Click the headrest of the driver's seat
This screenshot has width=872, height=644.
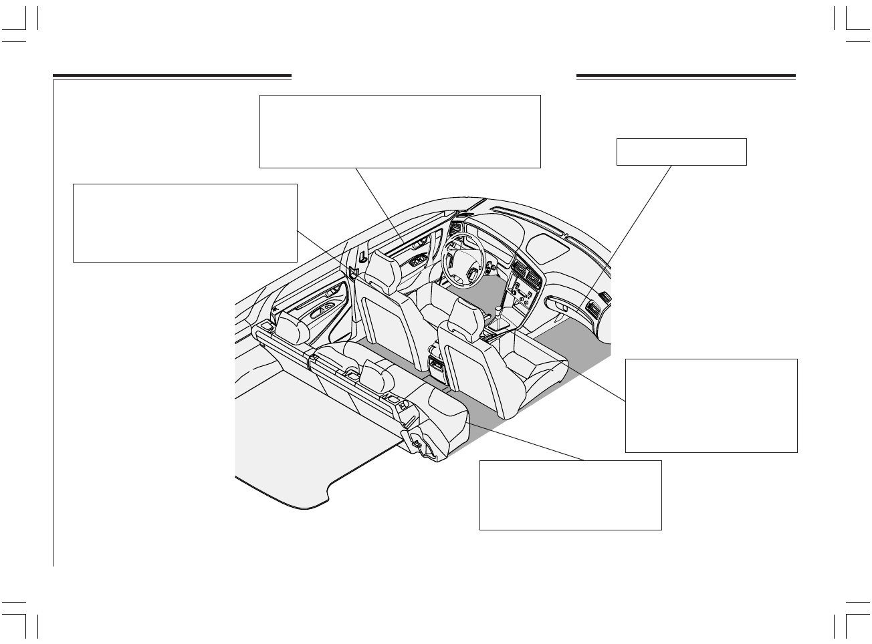(x=379, y=265)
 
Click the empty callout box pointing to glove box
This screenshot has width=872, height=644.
(x=681, y=152)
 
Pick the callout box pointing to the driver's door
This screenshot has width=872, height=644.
(x=399, y=131)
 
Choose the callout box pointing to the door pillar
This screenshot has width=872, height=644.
(x=184, y=223)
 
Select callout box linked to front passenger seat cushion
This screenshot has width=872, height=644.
(x=711, y=406)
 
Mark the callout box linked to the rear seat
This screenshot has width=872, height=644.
(x=570, y=495)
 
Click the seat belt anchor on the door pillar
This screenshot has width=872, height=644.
(x=353, y=271)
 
